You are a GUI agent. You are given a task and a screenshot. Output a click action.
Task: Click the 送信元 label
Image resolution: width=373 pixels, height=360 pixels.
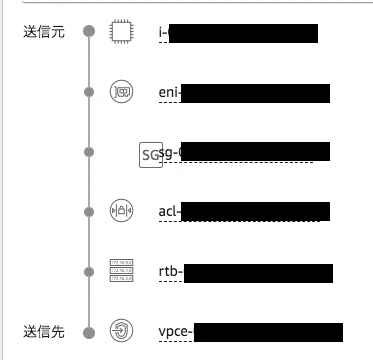pos(43,32)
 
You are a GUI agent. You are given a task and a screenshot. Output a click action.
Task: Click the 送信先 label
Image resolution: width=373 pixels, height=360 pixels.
pos(43,331)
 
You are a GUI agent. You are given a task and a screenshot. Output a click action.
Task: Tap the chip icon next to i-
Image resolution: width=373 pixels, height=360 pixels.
pos(120,32)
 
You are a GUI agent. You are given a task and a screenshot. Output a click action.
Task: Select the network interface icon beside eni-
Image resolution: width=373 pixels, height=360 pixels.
pos(120,92)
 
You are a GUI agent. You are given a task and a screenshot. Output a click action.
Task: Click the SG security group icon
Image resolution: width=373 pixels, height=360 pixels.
pos(150,154)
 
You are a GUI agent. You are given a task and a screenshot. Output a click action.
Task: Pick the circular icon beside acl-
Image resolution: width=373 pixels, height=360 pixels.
pos(120,211)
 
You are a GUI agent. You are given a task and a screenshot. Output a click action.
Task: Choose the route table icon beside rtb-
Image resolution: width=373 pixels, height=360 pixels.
pos(120,271)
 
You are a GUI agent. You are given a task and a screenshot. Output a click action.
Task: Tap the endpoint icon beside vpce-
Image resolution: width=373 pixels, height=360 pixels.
pos(120,331)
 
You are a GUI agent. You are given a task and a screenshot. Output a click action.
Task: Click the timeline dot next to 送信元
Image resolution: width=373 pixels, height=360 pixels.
pos(89,32)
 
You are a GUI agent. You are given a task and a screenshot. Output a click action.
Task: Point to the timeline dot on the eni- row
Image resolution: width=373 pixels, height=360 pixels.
pos(89,92)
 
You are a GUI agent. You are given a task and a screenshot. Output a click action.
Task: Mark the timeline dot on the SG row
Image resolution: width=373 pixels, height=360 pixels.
pos(89,152)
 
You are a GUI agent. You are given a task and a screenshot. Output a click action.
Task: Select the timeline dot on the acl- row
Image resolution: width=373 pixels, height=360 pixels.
pos(89,211)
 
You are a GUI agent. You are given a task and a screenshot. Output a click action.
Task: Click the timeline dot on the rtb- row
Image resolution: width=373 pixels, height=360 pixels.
pos(89,271)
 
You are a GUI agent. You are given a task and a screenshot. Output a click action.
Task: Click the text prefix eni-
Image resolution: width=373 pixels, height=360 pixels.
pos(169,93)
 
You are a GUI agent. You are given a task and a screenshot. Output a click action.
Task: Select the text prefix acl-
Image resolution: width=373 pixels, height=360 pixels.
pos(170,212)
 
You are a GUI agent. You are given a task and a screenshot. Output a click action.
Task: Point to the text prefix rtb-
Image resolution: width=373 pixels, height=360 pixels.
pos(170,272)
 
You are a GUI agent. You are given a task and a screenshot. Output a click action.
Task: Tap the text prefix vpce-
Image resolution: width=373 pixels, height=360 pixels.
pos(175,332)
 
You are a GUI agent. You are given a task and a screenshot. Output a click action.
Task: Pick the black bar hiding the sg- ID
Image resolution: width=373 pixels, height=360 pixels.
pos(250,152)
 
